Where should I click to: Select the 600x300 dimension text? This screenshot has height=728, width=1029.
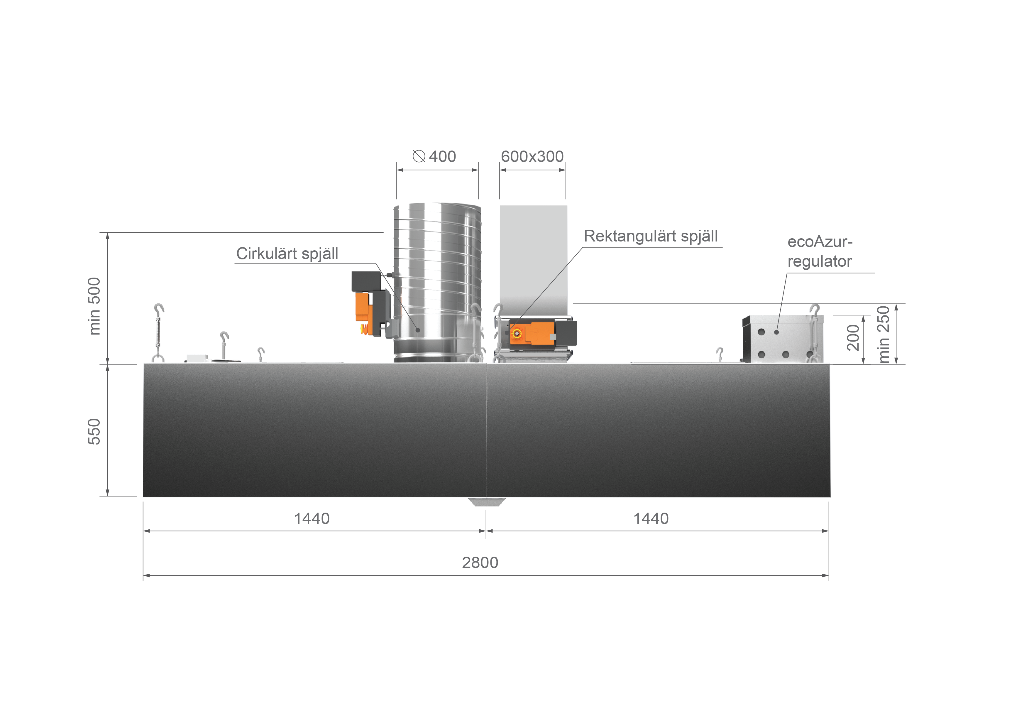point(532,156)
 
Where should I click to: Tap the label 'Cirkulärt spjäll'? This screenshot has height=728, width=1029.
point(287,254)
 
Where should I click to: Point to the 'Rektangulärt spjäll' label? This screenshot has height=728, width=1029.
point(650,236)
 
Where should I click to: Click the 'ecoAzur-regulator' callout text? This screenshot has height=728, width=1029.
point(820,251)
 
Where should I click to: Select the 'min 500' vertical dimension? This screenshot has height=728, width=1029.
point(94,306)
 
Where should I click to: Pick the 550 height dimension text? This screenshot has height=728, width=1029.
point(94,431)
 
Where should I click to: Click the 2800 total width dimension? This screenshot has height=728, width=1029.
point(480,563)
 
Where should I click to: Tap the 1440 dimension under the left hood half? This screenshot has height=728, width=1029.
point(312,519)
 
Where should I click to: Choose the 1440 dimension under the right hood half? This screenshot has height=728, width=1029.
point(651,519)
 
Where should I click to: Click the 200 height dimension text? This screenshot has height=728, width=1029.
point(853,337)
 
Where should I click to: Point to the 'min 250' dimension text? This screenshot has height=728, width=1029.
point(883,334)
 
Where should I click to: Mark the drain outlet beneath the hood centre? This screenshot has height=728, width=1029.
point(487,502)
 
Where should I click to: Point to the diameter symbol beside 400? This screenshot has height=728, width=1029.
point(419,156)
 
